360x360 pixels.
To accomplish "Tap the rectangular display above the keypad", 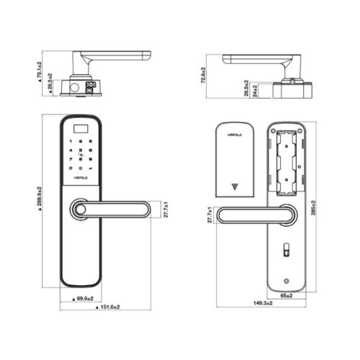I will (x=81, y=130).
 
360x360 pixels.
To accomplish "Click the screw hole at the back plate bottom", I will (x=287, y=282).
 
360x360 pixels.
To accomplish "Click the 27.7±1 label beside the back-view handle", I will (x=210, y=215).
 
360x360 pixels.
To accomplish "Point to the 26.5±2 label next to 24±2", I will (x=246, y=89).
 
